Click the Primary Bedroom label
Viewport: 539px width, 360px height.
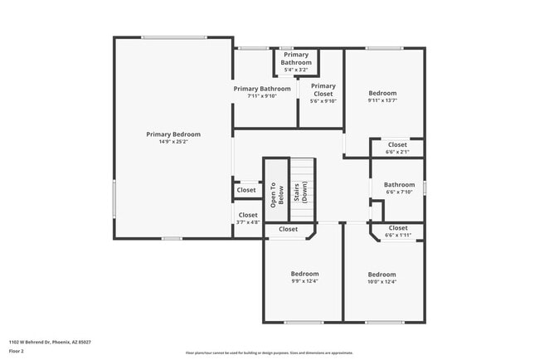(173, 134)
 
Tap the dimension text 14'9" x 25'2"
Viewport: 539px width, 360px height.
(173, 142)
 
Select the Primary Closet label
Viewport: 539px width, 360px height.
(323, 89)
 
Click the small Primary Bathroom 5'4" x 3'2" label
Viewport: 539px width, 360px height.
(296, 59)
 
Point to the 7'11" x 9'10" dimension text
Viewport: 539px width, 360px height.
(262, 96)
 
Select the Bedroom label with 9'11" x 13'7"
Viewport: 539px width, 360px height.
(382, 93)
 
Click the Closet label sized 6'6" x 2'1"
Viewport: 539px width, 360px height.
(397, 144)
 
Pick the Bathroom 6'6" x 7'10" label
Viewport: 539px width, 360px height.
(399, 185)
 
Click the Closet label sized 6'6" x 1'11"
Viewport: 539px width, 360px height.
(397, 227)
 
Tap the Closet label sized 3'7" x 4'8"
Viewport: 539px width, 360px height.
(248, 215)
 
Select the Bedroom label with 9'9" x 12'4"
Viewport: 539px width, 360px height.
(304, 274)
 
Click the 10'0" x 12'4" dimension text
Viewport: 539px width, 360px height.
(382, 282)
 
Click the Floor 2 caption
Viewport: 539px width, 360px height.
(17, 351)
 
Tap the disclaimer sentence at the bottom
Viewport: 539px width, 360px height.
(269, 352)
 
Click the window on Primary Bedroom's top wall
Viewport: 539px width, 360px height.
(173, 36)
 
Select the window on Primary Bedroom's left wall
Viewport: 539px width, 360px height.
(114, 199)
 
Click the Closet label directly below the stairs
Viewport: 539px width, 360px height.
(288, 229)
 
